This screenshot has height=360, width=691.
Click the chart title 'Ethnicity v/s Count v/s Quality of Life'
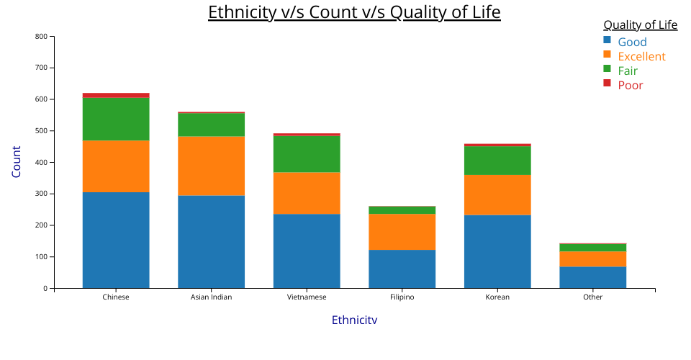pos(354,12)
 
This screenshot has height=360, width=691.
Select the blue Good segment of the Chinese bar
pos(116,240)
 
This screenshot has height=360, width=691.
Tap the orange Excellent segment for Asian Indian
pos(211,166)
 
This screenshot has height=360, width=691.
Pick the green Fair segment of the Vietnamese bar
pos(307,153)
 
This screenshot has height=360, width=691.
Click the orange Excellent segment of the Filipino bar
pos(402,232)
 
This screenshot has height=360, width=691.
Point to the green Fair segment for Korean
pos(497,161)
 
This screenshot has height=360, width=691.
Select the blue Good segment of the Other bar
pos(592,277)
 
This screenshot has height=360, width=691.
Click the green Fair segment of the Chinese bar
pos(116,119)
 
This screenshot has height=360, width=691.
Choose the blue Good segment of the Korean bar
pos(497,251)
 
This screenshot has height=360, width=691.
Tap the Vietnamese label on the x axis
pos(307,297)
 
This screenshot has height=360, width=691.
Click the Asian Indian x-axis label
pos(211,297)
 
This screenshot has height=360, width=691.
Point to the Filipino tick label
pos(402,297)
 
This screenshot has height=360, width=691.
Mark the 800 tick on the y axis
pos(41,36)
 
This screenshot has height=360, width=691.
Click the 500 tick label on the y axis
pos(41,131)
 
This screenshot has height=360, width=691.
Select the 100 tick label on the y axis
pos(41,257)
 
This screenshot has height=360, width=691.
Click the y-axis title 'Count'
pos(17,162)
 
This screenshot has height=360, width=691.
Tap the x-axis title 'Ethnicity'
pos(354,320)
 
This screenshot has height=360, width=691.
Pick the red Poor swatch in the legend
pos(607,84)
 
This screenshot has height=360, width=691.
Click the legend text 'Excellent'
pos(641,56)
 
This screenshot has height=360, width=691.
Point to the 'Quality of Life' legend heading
pos(640,25)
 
